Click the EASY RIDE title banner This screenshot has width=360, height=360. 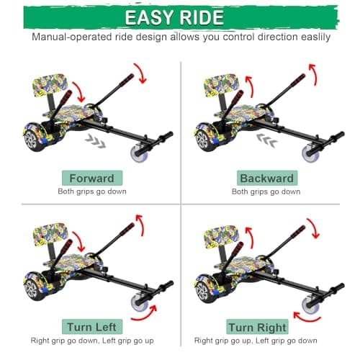(180, 17)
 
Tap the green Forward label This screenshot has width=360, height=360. (91, 178)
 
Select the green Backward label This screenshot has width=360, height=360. (266, 178)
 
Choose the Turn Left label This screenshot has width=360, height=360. (91, 325)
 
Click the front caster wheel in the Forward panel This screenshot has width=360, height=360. (136, 153)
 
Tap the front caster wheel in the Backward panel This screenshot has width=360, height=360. (311, 153)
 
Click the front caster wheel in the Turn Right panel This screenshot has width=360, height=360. (311, 306)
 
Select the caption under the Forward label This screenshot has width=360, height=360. (91, 192)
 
